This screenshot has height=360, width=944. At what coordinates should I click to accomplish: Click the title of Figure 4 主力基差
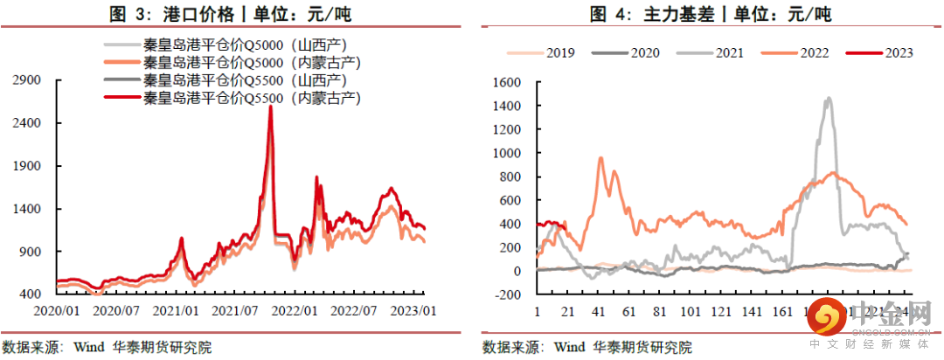(x=711, y=13)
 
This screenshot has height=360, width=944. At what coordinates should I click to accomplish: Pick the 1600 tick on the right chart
(x=507, y=82)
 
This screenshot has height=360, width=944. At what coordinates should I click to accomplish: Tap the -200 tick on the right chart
(x=508, y=294)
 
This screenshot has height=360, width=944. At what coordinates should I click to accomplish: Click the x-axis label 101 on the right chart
(x=691, y=311)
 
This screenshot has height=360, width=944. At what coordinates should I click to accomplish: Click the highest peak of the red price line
(x=270, y=107)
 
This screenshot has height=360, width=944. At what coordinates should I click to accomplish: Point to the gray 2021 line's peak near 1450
(x=828, y=99)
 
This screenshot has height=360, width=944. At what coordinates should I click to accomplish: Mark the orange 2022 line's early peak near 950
(x=600, y=158)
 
